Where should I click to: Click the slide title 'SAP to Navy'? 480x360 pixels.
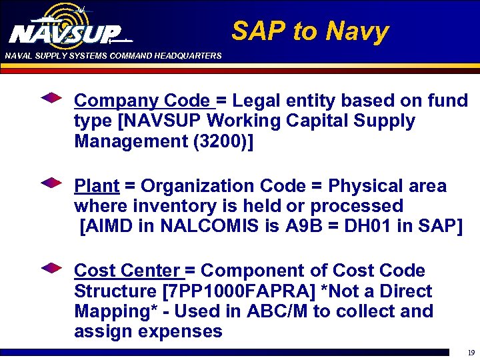tap(309, 31)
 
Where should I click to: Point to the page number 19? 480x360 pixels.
tap(471, 353)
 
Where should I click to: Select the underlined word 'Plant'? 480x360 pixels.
tap(97, 185)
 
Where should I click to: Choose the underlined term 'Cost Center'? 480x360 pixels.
tap(127, 271)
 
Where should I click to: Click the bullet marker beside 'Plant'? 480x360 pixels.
tap(51, 183)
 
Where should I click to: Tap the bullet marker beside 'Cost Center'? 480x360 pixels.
tap(51, 268)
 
